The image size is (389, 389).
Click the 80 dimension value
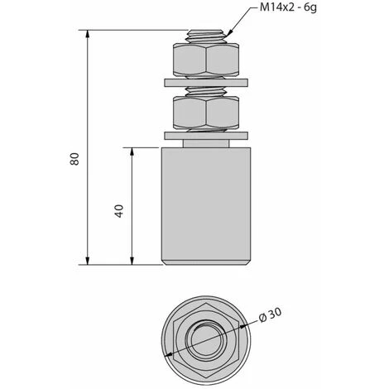pos(75,160)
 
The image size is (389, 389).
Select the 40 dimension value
pos(119,209)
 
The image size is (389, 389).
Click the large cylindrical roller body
pos(204,203)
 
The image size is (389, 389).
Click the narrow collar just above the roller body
pos(204,143)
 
